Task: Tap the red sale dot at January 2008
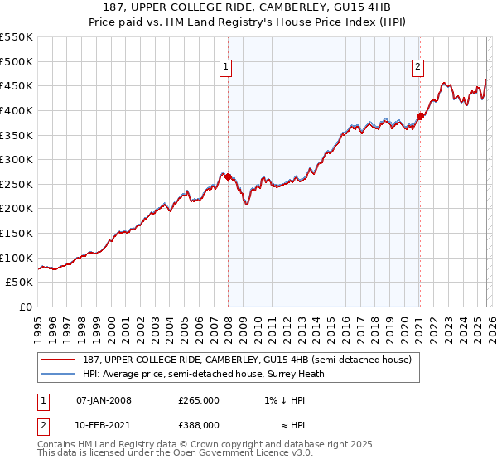pyautogui.click(x=228, y=176)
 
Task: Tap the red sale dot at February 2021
pyautogui.click(x=420, y=116)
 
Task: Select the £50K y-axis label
pyautogui.click(x=20, y=283)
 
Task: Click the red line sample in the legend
pyautogui.click(x=59, y=360)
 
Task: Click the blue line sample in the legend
pyautogui.click(x=59, y=374)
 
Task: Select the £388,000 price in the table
pyautogui.click(x=199, y=425)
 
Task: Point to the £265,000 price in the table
pyautogui.click(x=199, y=400)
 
